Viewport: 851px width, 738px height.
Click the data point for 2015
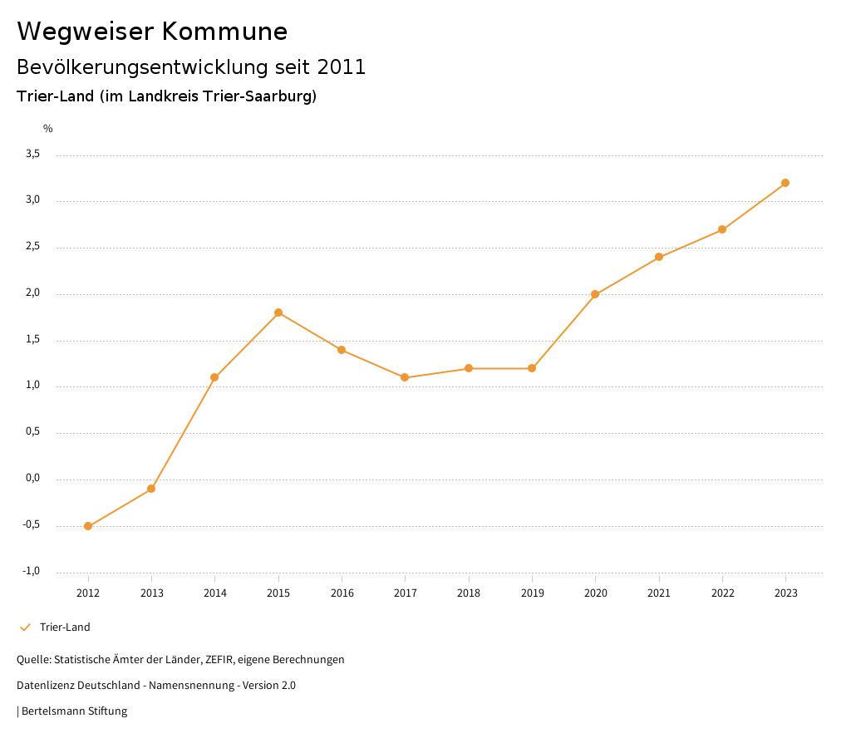tap(278, 312)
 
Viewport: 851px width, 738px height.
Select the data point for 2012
tap(88, 526)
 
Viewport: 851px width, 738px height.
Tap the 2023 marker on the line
tap(785, 183)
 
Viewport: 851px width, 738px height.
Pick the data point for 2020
tap(595, 294)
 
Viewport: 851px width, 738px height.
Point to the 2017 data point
tap(405, 377)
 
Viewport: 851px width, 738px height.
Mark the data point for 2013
tap(151, 489)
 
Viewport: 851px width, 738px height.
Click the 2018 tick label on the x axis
tap(469, 593)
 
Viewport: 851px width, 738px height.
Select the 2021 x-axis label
tap(659, 593)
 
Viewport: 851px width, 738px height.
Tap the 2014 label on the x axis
tap(214, 593)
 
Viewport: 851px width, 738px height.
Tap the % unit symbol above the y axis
tap(48, 129)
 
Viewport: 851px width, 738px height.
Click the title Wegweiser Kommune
tap(152, 32)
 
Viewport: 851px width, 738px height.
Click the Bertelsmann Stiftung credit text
tap(74, 711)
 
